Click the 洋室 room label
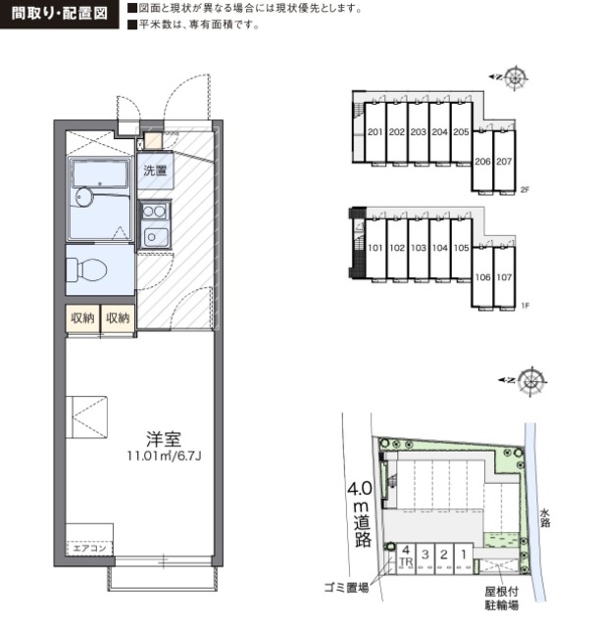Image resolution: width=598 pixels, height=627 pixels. [164, 439]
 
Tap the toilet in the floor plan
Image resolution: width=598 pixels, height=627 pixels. [86, 269]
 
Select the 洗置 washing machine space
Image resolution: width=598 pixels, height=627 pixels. [155, 170]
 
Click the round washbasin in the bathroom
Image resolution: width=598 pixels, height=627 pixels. [84, 197]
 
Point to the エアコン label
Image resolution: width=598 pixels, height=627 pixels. [89, 548]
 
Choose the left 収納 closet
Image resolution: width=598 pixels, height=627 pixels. [82, 318]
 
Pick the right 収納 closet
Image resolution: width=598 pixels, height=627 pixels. [118, 318]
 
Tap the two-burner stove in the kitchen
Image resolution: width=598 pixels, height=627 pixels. [155, 211]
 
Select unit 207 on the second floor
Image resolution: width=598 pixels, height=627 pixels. [504, 161]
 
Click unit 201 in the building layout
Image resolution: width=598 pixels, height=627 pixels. [375, 132]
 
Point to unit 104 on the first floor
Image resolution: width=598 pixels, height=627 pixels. [440, 248]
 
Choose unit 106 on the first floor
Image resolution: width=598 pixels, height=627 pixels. [482, 277]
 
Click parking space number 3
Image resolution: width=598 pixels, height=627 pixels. [425, 558]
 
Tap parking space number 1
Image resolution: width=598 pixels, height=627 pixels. [464, 558]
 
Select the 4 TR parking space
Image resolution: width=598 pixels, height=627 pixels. [406, 558]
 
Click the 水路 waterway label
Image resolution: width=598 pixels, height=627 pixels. [545, 517]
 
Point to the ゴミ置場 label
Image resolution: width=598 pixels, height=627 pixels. [347, 588]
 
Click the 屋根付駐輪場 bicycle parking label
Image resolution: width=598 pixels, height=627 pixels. [502, 599]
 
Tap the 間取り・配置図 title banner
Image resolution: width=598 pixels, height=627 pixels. [59, 14]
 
